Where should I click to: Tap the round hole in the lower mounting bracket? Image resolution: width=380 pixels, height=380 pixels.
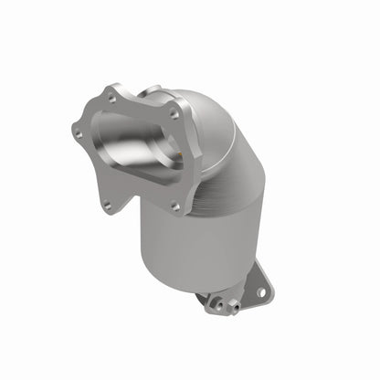tap(260, 291)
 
